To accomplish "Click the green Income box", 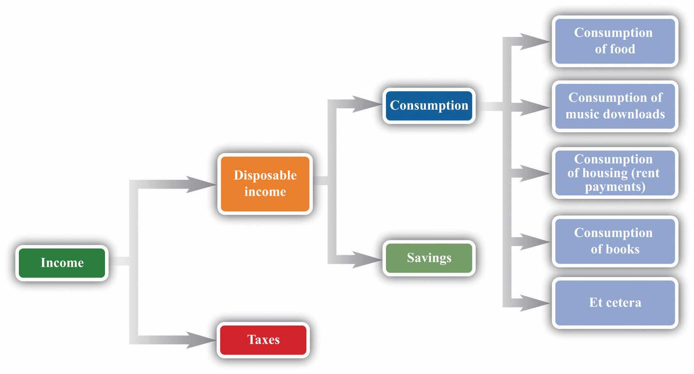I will [62, 263].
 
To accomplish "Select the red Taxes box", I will [263, 340].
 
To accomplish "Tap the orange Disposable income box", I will [265, 184].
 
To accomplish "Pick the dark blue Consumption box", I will [429, 106].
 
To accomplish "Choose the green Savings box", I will [429, 258].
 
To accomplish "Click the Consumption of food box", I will [614, 41].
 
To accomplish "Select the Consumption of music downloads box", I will [614, 106].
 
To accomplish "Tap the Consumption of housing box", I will [614, 173].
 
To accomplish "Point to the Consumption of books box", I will [614, 241].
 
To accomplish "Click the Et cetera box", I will [614, 303].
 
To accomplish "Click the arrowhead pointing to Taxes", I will [201, 340].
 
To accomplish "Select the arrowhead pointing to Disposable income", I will [201, 184].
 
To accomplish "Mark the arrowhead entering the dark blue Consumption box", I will [367, 104].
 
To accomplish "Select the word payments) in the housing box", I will [615, 187].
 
